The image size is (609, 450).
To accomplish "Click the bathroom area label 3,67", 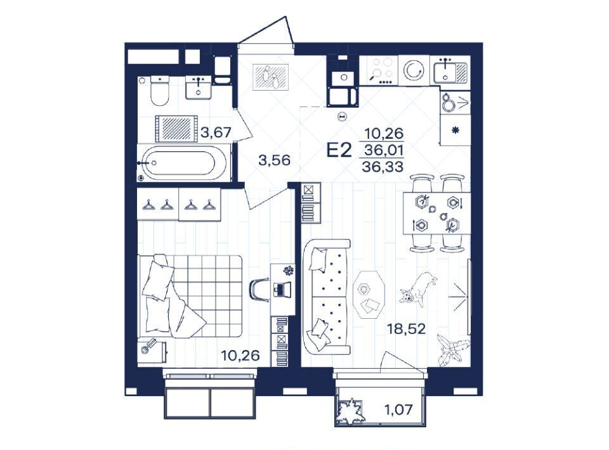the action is click(216, 132).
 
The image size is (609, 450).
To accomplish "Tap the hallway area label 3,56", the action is click(275, 160).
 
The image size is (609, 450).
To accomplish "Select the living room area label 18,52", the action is click(406, 329).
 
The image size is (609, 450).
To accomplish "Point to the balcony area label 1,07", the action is click(399, 409).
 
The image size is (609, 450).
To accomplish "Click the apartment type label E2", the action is click(339, 150).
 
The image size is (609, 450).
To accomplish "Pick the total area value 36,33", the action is click(383, 167).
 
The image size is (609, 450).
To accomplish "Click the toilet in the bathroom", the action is click(160, 91).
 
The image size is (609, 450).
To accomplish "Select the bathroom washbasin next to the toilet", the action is click(199, 87).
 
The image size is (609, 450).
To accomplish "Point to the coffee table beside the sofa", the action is click(369, 295).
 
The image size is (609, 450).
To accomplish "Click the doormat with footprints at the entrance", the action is click(271, 77).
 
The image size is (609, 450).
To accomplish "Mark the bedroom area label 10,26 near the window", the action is click(240, 355).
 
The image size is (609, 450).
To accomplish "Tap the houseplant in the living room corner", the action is click(453, 349).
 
